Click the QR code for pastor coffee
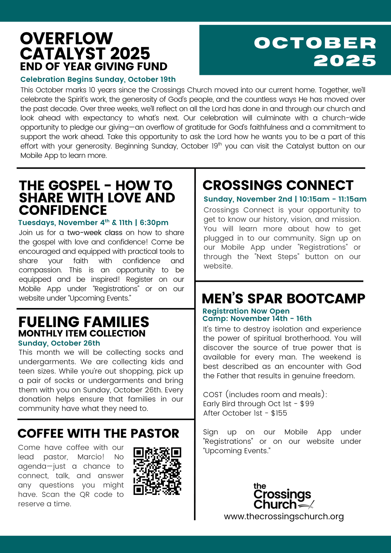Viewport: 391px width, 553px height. click(157, 471)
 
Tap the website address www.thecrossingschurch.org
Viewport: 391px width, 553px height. click(284, 516)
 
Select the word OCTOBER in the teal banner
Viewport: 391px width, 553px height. click(315, 43)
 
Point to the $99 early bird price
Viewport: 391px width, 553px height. click(307, 404)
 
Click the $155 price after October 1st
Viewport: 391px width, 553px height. click(279, 413)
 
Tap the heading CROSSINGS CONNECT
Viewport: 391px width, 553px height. click(278, 185)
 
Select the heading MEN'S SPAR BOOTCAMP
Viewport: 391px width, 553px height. click(283, 299)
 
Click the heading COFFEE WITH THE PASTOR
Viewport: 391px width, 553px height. click(98, 433)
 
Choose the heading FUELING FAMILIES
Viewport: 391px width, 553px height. click(84, 322)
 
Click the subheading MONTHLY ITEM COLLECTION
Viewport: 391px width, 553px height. click(82, 333)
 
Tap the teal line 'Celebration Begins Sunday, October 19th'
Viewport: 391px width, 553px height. click(98, 79)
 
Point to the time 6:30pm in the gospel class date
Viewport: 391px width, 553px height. click(154, 223)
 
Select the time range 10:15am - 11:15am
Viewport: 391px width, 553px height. click(333, 199)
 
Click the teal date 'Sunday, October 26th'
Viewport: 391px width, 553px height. click(59, 343)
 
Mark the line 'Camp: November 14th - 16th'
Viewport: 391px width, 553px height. click(257, 319)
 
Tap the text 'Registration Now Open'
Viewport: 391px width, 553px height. click(246, 311)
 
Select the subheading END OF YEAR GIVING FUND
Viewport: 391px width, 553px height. click(94, 66)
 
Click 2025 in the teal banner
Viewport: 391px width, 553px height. click(345, 61)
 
